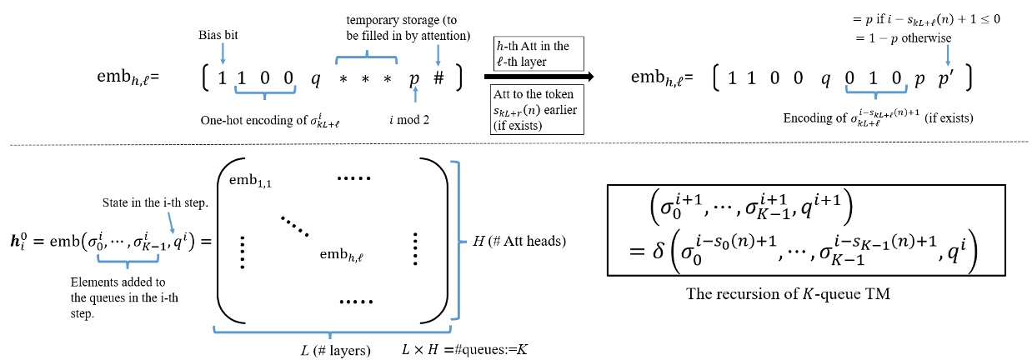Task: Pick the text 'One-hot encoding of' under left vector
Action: coord(258,120)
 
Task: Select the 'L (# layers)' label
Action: coord(333,345)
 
